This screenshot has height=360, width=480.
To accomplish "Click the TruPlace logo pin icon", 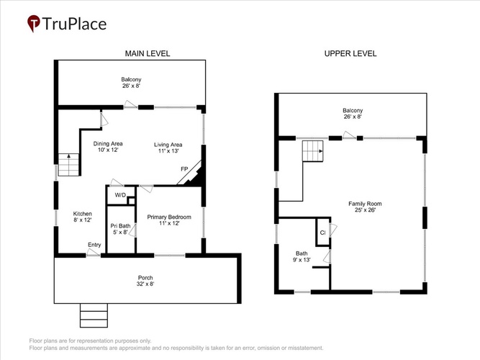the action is click(x=33, y=23).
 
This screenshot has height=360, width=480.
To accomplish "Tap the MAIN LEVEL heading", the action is click(x=148, y=53).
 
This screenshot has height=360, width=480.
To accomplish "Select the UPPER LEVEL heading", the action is click(x=350, y=53).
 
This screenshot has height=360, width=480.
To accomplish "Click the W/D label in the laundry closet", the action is click(x=120, y=195).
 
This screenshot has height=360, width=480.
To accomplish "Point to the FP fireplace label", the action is click(x=184, y=169).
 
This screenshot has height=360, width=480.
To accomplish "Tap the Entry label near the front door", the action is click(x=94, y=245).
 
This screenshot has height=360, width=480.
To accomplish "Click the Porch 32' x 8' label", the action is click(x=145, y=281).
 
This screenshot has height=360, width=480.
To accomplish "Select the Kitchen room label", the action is click(x=82, y=217).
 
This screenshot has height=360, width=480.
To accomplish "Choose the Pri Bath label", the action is click(x=120, y=229).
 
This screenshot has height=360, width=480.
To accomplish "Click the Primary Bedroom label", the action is click(x=169, y=220).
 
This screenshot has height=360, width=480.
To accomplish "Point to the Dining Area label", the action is click(x=108, y=147).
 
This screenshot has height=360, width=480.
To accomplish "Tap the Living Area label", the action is click(x=168, y=148).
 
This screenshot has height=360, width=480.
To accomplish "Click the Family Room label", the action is click(x=365, y=207).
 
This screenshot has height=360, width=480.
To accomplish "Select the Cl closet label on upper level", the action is click(x=322, y=233).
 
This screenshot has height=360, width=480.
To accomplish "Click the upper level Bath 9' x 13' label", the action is click(x=302, y=256).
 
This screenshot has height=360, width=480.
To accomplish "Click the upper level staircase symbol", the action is click(x=313, y=151).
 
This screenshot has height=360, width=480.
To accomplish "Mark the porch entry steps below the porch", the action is click(x=94, y=315).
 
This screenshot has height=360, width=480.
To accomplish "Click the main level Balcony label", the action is click(x=131, y=83).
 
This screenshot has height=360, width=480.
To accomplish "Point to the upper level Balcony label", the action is click(x=353, y=113).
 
